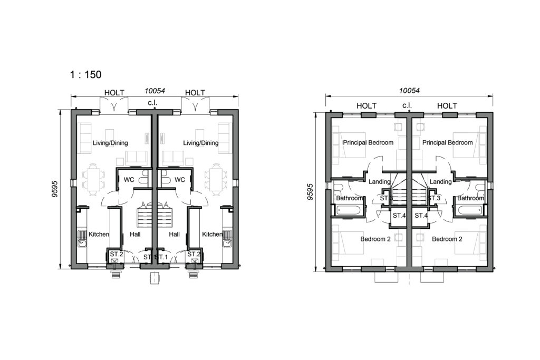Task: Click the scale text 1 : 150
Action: click(x=85, y=74)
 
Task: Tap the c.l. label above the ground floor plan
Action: click(x=153, y=102)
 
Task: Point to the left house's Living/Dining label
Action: click(x=110, y=143)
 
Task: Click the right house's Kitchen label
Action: click(x=213, y=234)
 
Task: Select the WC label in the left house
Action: click(x=129, y=180)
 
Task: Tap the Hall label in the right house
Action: click(x=174, y=234)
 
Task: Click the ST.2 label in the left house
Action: click(x=116, y=255)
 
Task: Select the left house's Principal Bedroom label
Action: click(x=368, y=142)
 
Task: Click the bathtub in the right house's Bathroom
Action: click(x=469, y=211)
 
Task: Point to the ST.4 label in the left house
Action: click(x=399, y=216)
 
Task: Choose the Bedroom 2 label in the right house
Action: click(x=447, y=239)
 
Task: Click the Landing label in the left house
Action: click(x=380, y=182)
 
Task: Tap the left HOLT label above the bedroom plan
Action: click(x=367, y=106)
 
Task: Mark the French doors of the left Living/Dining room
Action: click(x=114, y=107)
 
